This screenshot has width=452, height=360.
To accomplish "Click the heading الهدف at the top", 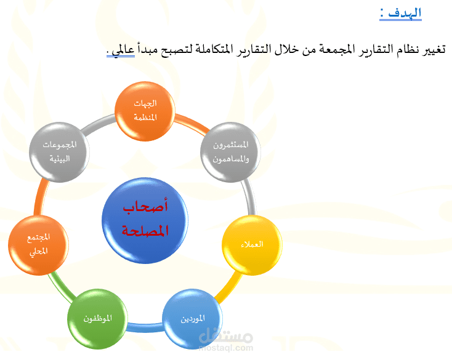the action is click(x=405, y=14).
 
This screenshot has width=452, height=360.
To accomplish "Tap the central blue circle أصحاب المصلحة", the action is click(x=145, y=220).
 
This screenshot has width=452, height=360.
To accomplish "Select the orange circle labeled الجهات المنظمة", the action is click(x=145, y=111).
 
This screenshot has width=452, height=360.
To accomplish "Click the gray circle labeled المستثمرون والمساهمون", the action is click(x=230, y=152).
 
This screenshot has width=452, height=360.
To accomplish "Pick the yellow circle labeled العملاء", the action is click(x=252, y=245).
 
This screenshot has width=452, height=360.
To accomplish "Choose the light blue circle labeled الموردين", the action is click(x=193, y=319).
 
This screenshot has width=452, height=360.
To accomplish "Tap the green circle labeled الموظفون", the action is click(x=97, y=319).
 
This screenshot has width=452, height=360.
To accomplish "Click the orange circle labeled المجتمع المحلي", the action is click(x=38, y=245).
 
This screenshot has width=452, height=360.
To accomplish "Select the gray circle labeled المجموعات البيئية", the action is click(x=59, y=152).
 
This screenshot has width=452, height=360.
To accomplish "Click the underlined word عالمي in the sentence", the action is click(x=123, y=50).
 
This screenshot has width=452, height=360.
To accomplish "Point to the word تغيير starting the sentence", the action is click(x=434, y=49).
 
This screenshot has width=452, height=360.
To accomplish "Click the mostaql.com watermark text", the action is click(x=226, y=348).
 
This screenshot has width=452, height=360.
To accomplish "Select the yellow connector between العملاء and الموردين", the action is click(x=229, y=288).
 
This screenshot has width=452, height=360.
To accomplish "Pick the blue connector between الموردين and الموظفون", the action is click(x=145, y=327).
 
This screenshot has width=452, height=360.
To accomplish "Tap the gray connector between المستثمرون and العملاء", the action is click(x=249, y=197).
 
